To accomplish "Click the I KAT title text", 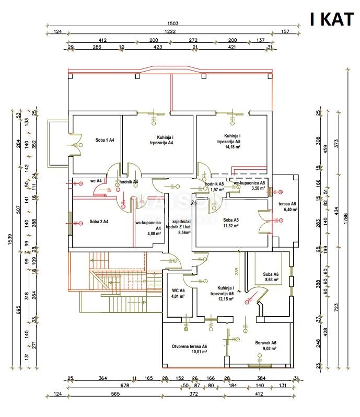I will click(x=332, y=19).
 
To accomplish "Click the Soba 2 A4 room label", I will click(x=99, y=222).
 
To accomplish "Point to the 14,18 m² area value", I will click(x=229, y=147).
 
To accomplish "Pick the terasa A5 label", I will click(x=286, y=203).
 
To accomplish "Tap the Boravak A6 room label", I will click(x=265, y=343).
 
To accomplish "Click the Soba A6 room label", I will click(x=271, y=274).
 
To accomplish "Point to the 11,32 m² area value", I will click(x=230, y=226).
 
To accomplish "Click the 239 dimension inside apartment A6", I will click(x=236, y=272).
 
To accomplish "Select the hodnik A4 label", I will click(x=128, y=181).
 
